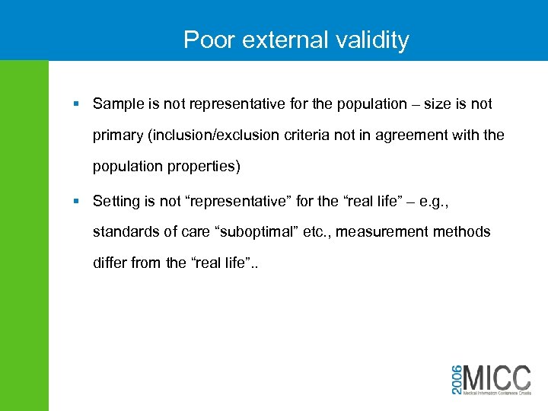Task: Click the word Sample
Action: [x=117, y=104]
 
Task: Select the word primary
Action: [x=117, y=135]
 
